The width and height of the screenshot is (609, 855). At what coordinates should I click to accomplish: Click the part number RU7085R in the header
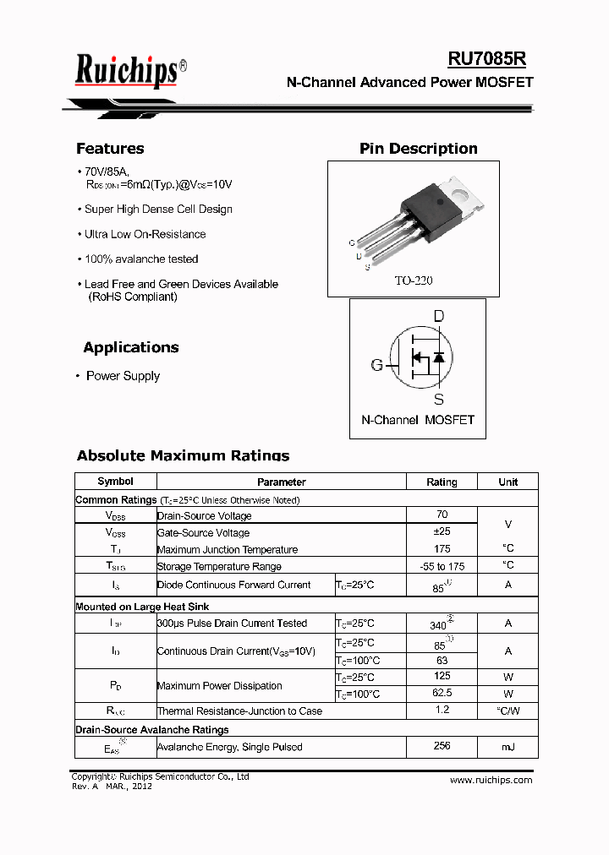pos(487,58)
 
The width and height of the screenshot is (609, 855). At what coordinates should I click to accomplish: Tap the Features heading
pos(110,149)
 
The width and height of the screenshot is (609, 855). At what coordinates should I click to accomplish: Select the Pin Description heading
pos(418,149)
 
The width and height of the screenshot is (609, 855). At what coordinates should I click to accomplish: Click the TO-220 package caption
pos(414,280)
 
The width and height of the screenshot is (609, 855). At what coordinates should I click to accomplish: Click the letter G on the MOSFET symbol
pos(376,365)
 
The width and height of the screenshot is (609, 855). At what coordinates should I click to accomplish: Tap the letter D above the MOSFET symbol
pos(438,317)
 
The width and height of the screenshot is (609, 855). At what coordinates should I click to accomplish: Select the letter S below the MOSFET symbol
pos(438,400)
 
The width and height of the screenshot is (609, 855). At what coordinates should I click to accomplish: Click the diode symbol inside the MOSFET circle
pos(438,357)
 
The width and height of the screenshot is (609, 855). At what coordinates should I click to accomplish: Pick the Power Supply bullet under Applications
pos(123,376)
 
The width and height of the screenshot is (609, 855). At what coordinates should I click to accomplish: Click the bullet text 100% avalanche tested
pos(141,259)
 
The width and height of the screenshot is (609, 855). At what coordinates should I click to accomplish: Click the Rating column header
pos(442,482)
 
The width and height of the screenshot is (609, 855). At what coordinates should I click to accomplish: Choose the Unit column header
pos(507,482)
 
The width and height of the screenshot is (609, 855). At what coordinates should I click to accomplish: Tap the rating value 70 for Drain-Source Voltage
pos(442,515)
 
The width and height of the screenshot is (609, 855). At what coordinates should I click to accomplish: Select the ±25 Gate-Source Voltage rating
pos(442,532)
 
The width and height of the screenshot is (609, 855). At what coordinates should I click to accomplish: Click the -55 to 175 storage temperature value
pos(442,566)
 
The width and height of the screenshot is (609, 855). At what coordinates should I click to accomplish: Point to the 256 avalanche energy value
pos(442,746)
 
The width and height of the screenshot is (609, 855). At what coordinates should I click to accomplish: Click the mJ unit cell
pos(507,747)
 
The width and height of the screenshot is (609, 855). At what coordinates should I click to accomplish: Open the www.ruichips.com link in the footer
pos(491,780)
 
